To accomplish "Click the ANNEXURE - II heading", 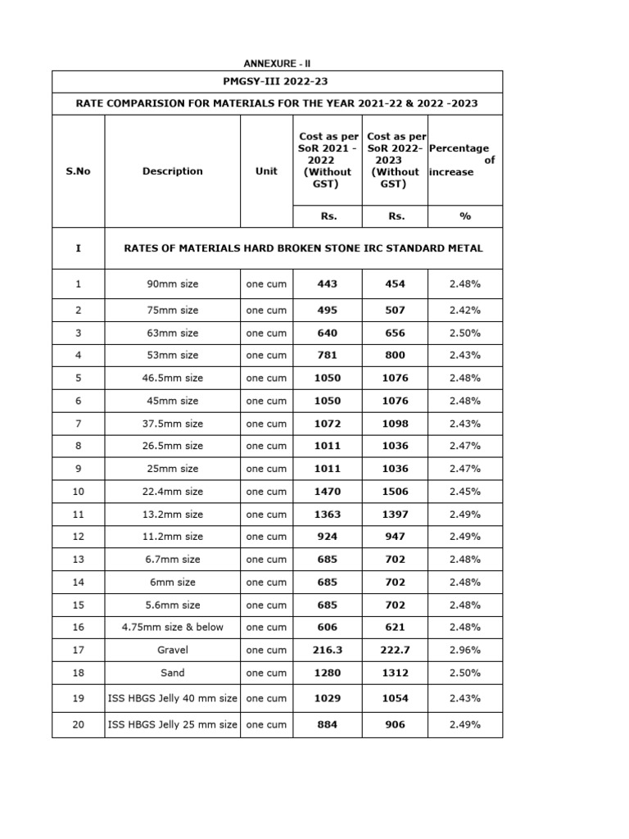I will tap(277, 64).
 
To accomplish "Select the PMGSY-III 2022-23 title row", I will tap(277, 82).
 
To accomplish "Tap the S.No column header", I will tap(78, 171).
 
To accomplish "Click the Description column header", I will tap(172, 171).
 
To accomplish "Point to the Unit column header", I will tap(266, 171).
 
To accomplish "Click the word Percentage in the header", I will tap(459, 148).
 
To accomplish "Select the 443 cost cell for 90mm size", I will tap(327, 284).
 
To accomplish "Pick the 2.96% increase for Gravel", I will tap(465, 650).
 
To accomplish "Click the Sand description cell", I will tap(173, 673).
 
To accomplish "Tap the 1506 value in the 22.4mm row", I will tap(394, 492).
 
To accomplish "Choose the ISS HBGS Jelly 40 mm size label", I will tap(173, 699).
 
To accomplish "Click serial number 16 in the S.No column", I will tap(78, 627).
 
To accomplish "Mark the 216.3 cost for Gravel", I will tap(327, 650).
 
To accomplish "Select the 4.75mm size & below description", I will tap(173, 627).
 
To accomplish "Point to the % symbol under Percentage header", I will tap(465, 216).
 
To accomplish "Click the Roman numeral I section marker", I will tap(78, 247).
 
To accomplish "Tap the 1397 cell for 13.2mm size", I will tap(394, 515).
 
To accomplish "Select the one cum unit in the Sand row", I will tap(266, 673).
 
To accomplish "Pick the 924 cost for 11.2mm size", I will tap(327, 537).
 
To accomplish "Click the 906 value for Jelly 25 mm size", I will tap(394, 725).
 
